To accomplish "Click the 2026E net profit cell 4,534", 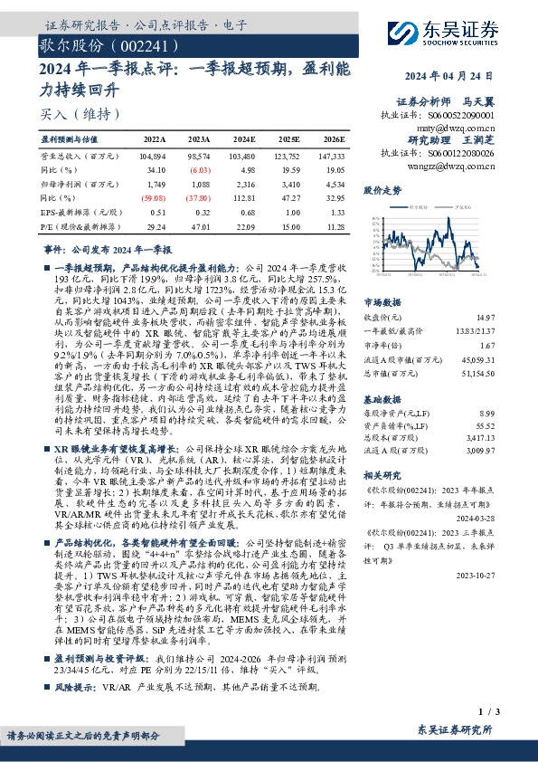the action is [333, 182].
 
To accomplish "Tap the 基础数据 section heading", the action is [382, 399].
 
